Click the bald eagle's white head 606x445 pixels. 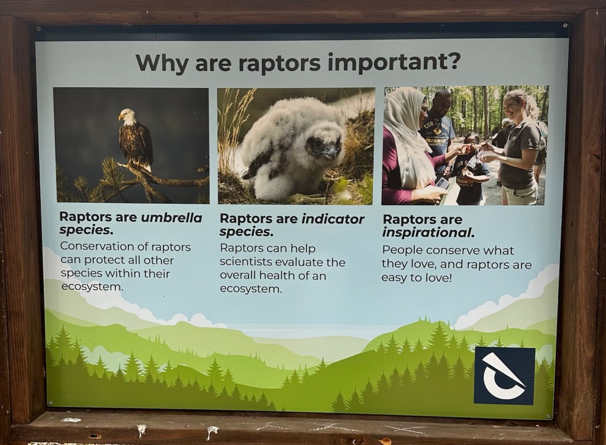point(128,115)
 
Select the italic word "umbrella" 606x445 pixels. point(171,218)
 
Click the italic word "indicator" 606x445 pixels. point(332,219)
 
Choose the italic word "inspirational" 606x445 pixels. point(428,233)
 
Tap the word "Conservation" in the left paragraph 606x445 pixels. point(99,246)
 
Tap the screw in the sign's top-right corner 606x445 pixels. point(565,25)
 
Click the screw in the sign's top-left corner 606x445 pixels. point(38,29)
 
